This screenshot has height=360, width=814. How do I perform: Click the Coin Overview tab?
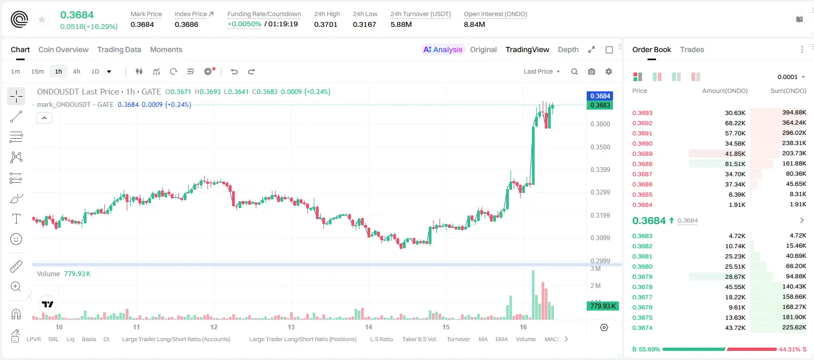pyautogui.click(x=63, y=49)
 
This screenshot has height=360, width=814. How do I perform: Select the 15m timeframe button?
pyautogui.click(x=38, y=71)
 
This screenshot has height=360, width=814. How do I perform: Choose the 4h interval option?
pyautogui.click(x=76, y=71)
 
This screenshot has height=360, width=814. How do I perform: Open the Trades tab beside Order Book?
pyautogui.click(x=692, y=49)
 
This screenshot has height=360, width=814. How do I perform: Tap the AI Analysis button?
pyautogui.click(x=443, y=49)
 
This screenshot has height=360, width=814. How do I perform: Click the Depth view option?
pyautogui.click(x=568, y=49)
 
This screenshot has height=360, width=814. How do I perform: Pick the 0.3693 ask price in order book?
pyautogui.click(x=642, y=113)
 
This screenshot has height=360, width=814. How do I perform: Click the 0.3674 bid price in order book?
pyautogui.click(x=642, y=328)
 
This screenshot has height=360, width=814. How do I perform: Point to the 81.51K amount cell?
pyautogui.click(x=735, y=164)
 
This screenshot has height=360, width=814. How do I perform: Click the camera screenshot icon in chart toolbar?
pyautogui.click(x=592, y=71)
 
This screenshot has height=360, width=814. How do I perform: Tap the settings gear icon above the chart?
pyautogui.click(x=609, y=71)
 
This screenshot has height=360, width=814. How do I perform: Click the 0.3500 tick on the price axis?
pyautogui.click(x=600, y=147)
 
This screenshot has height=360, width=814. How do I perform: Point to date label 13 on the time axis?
pyautogui.click(x=291, y=327)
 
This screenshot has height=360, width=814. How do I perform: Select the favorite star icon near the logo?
pyautogui.click(x=42, y=19)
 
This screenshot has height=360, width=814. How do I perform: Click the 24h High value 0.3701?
pyautogui.click(x=326, y=24)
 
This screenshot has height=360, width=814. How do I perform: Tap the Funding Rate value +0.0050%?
pyautogui.click(x=244, y=24)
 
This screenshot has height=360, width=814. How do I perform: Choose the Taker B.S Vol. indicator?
pyautogui.click(x=419, y=339)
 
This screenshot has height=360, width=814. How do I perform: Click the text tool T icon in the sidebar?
pyautogui.click(x=16, y=219)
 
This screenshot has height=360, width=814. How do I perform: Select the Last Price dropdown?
pyautogui.click(x=542, y=71)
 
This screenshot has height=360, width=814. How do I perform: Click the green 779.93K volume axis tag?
pyautogui.click(x=602, y=306)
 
